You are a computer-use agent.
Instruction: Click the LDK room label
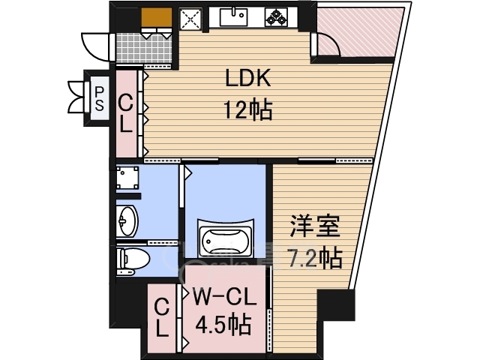click(x=248, y=78)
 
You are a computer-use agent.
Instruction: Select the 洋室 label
click(x=315, y=226)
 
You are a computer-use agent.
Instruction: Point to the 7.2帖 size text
click(x=315, y=258)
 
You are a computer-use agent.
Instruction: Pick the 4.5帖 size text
click(x=223, y=324)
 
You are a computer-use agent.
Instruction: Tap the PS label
click(x=99, y=98)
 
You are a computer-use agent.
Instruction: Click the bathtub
click(x=226, y=238)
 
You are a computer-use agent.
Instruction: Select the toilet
click(x=133, y=259)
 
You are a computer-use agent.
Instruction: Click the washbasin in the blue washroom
click(x=127, y=220)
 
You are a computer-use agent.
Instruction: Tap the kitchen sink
click(x=233, y=17)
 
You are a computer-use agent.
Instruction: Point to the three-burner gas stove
click(x=277, y=17)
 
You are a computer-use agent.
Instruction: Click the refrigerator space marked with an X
click(x=190, y=19)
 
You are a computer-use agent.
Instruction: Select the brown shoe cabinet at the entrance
click(x=157, y=17)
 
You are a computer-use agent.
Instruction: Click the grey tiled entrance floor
click(x=144, y=48)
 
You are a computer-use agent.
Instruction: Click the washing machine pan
click(x=127, y=177)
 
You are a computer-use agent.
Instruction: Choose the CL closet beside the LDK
click(x=125, y=113)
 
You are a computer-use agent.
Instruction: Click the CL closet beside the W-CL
click(x=162, y=318)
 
